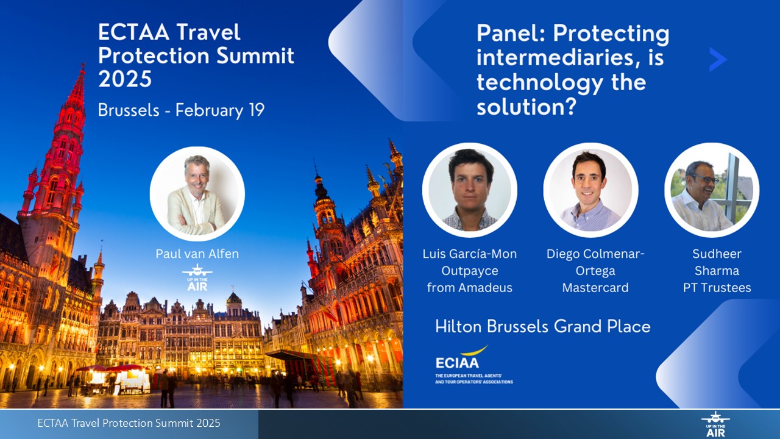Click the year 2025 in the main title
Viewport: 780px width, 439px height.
tap(125, 79)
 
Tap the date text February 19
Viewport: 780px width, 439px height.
tap(220, 110)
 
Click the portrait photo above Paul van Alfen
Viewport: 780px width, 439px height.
tap(197, 194)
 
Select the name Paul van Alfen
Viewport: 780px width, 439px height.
tap(197, 254)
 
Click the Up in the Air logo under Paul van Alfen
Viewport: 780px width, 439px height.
tap(197, 277)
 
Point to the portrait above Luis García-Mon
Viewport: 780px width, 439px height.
tap(469, 190)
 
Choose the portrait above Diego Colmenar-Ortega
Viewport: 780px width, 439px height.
tap(590, 190)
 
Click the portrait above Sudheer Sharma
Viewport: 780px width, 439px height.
tap(712, 190)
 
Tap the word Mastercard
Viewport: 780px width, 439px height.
tap(595, 288)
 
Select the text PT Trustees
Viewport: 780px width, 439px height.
tap(717, 288)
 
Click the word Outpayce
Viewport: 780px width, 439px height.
tap(470, 271)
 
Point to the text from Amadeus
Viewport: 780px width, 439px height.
tap(470, 288)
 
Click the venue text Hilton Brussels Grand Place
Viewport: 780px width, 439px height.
tap(543, 327)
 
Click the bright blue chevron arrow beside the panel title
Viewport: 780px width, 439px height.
tap(718, 60)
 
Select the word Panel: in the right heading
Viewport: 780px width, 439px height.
tap(511, 34)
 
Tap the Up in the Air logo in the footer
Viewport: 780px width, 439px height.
tap(715, 424)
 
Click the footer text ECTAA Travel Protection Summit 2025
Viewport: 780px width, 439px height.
tap(129, 423)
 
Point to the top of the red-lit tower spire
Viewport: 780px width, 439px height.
tap(83, 64)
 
